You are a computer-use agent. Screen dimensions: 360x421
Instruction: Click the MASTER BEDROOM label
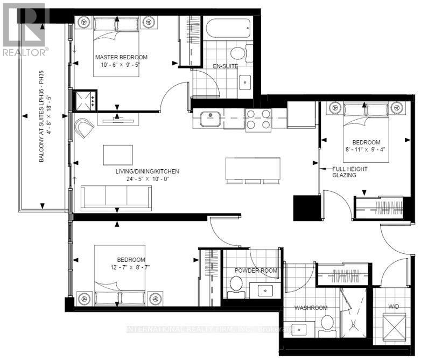(x=121, y=57)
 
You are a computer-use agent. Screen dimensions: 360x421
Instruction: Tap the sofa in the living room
(x=118, y=197)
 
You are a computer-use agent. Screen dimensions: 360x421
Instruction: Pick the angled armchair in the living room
(x=85, y=130)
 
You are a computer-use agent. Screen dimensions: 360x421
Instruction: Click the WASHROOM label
(x=311, y=308)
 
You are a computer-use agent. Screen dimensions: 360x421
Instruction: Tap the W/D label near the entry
(x=395, y=308)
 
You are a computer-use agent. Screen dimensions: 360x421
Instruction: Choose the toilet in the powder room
(x=235, y=284)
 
